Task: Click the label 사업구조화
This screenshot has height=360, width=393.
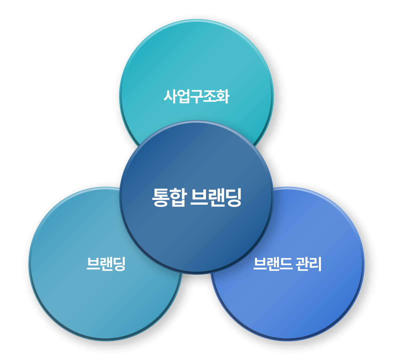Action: click(x=196, y=97)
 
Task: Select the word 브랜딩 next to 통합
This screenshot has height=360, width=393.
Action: click(x=216, y=197)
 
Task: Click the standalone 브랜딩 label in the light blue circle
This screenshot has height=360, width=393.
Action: click(x=106, y=264)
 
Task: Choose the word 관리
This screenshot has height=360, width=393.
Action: click(x=309, y=264)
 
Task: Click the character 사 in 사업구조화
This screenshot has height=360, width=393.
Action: click(x=170, y=97)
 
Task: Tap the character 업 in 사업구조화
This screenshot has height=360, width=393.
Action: click(x=183, y=97)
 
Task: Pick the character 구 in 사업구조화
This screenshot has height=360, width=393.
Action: click(x=196, y=97)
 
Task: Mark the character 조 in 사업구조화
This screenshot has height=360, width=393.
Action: click(x=210, y=97)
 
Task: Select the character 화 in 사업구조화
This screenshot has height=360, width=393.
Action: click(x=223, y=97)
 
